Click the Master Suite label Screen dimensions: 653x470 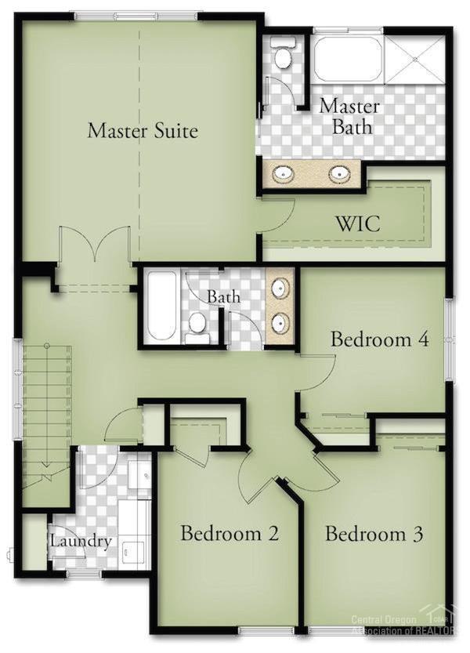coord(143,130)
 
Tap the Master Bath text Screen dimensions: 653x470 coord(349,115)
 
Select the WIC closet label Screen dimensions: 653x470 coord(359,223)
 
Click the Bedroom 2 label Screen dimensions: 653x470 coord(230,534)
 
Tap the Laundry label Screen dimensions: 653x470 coord(81,541)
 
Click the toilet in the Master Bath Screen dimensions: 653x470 coord(283,55)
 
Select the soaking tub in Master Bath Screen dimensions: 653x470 coord(348,57)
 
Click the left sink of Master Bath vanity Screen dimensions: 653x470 coord(283,174)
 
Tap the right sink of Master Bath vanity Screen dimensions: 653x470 coord(340,174)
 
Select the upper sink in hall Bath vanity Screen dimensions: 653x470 coord(279,289)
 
